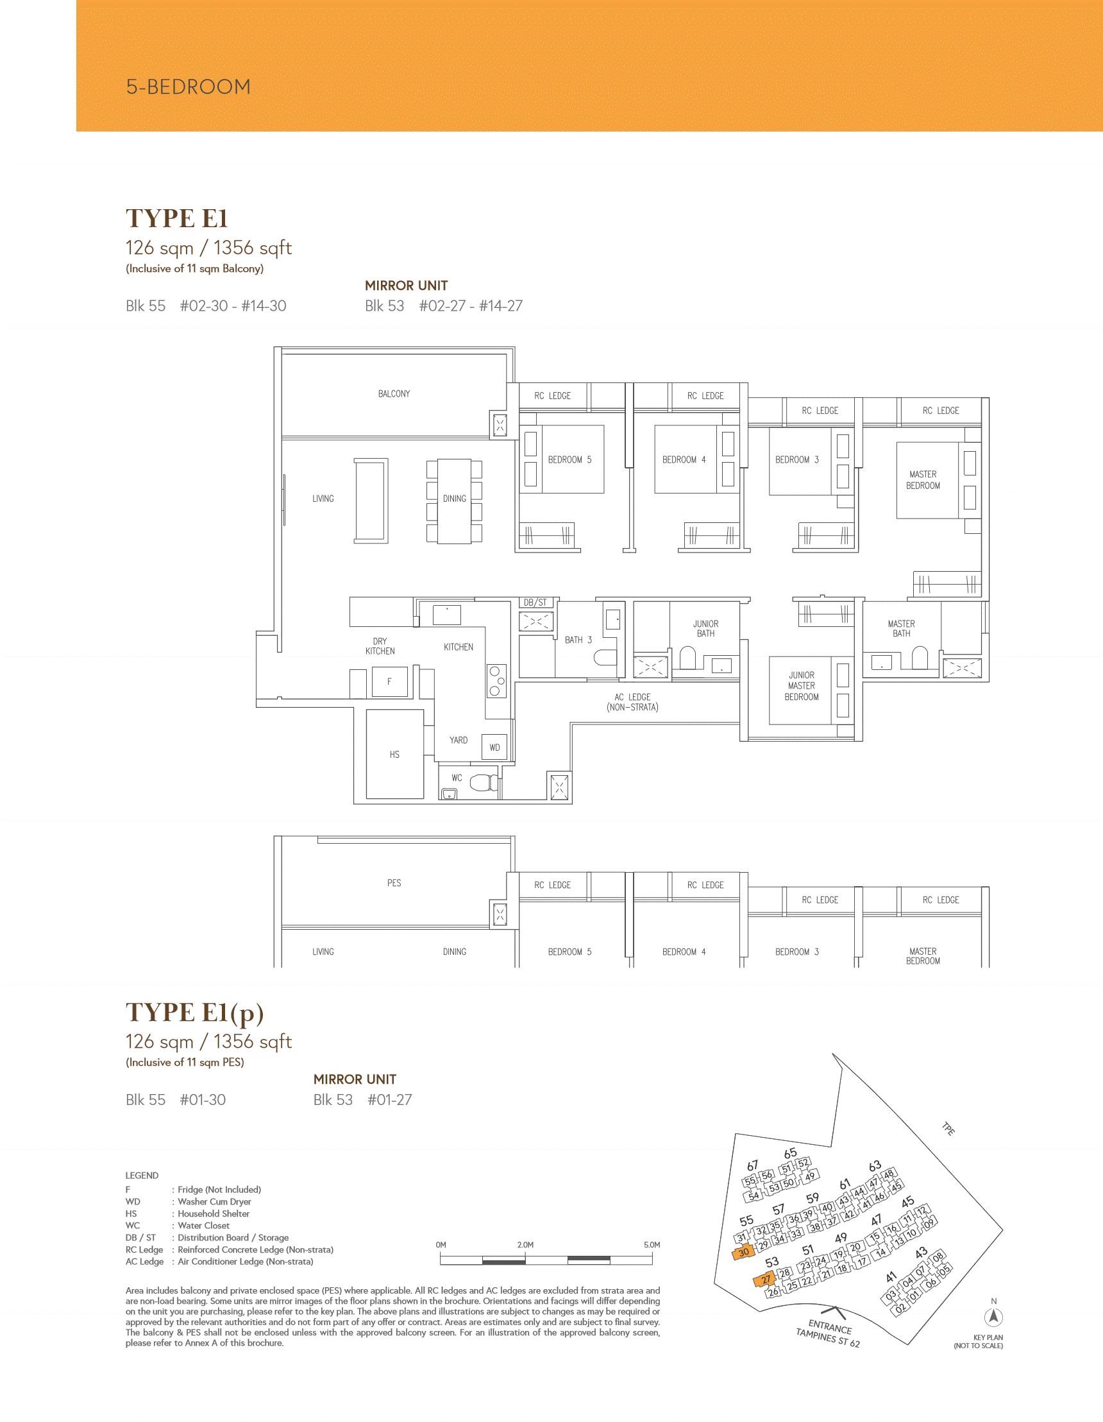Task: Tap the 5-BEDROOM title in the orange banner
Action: (x=188, y=87)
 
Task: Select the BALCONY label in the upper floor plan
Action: (x=394, y=394)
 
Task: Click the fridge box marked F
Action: (x=389, y=681)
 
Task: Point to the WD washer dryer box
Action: (x=494, y=748)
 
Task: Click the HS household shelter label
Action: (x=394, y=755)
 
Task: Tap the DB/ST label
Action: (x=535, y=603)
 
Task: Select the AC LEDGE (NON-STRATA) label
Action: (x=632, y=702)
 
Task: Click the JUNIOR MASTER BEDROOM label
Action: (x=801, y=686)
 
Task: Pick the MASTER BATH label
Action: (x=901, y=628)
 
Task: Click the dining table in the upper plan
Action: (x=454, y=501)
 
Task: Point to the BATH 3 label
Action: (x=578, y=640)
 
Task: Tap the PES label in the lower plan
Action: (x=394, y=883)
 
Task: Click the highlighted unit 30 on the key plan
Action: (x=743, y=1252)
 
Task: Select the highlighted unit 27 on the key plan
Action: (x=764, y=1280)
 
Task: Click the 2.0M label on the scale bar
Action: (x=525, y=1245)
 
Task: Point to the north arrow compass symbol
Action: (x=993, y=1317)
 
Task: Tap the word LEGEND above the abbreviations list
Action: (x=142, y=1175)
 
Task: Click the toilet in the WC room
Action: (x=483, y=782)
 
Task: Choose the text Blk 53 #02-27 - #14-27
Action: (x=444, y=306)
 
